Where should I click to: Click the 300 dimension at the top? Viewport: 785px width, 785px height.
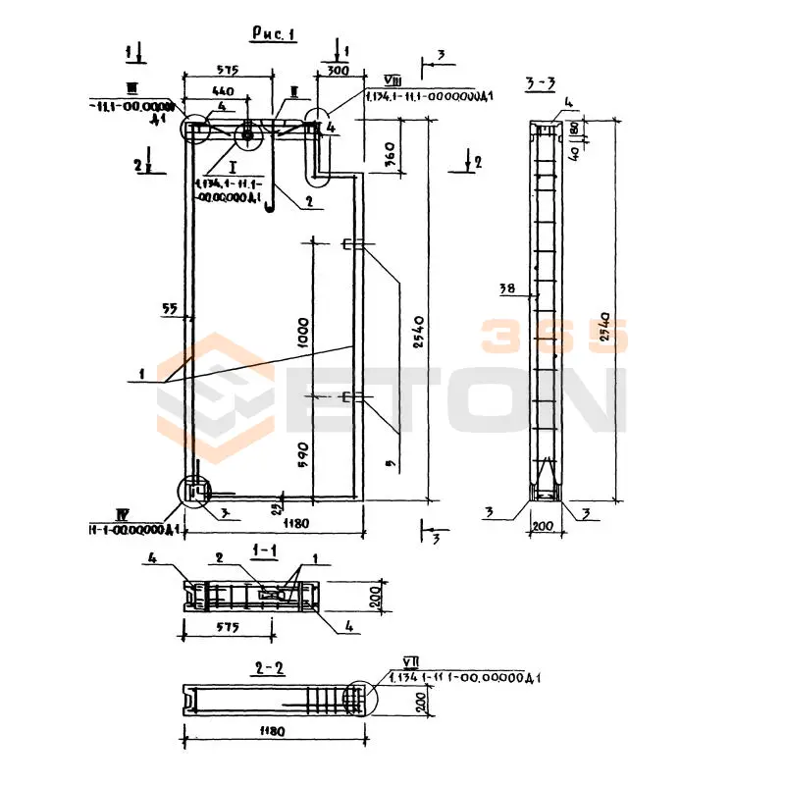[338, 72]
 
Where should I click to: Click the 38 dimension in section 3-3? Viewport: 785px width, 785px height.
[506, 288]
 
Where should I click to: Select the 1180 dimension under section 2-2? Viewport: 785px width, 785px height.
[272, 731]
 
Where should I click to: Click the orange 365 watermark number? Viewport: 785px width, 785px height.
[552, 337]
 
